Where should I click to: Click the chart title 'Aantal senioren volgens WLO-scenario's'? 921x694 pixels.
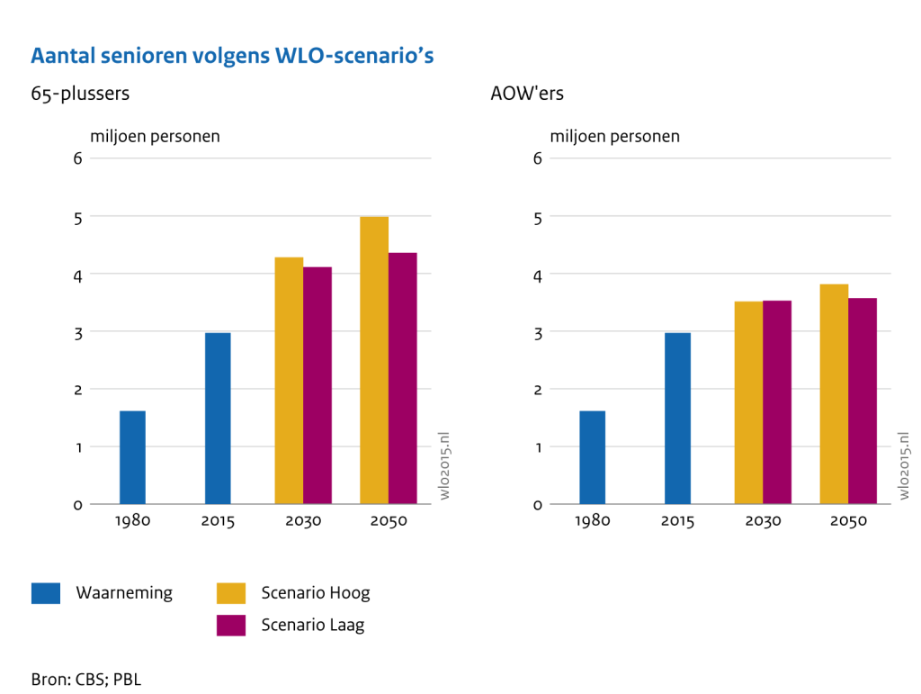(x=232, y=56)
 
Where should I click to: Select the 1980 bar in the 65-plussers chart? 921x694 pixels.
(x=132, y=457)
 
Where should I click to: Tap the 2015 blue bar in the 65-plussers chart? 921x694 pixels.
(x=218, y=419)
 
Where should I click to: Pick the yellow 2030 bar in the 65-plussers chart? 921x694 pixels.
(x=289, y=381)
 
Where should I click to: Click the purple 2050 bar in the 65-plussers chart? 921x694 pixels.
(x=403, y=378)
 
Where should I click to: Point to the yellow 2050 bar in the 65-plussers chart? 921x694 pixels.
(x=374, y=360)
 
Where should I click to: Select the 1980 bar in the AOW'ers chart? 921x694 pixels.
(x=592, y=457)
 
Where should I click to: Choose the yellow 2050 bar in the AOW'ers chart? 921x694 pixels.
(x=834, y=394)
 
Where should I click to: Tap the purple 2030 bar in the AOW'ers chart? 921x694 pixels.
(x=777, y=402)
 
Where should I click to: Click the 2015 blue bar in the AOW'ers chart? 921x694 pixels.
(x=678, y=419)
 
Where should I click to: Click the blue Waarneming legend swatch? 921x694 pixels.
(x=46, y=593)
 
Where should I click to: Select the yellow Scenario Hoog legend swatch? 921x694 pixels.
(x=231, y=593)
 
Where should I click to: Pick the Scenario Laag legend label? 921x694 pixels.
(x=313, y=625)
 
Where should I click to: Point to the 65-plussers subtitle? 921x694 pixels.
(x=80, y=93)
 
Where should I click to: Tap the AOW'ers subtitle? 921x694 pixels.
(x=527, y=93)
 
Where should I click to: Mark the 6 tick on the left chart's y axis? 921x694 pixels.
(x=78, y=158)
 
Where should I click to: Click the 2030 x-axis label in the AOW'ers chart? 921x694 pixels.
(x=763, y=521)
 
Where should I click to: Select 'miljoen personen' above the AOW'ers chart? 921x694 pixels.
(x=614, y=137)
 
